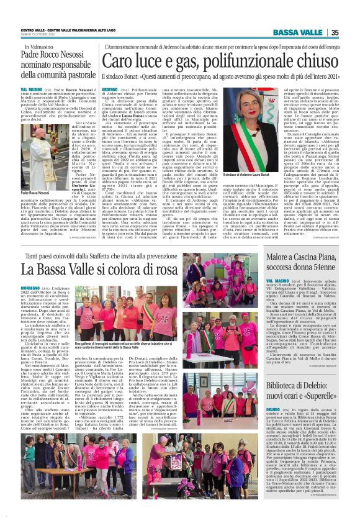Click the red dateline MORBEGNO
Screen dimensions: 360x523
[34, 289]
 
